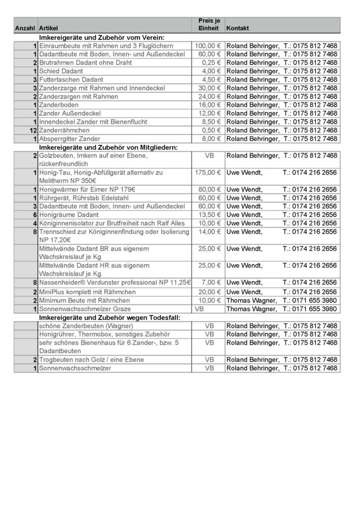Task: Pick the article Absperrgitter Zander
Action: point(70,139)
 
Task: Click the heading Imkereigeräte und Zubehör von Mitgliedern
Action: point(108,147)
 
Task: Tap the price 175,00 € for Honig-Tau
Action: point(208,172)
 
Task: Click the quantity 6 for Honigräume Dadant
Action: point(35,215)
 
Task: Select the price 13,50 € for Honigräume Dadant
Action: point(210,215)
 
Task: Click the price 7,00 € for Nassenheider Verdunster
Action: point(211,282)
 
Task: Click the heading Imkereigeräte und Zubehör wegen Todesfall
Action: point(109,317)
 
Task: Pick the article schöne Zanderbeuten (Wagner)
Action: point(86,326)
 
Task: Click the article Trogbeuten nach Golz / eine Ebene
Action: point(91,359)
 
